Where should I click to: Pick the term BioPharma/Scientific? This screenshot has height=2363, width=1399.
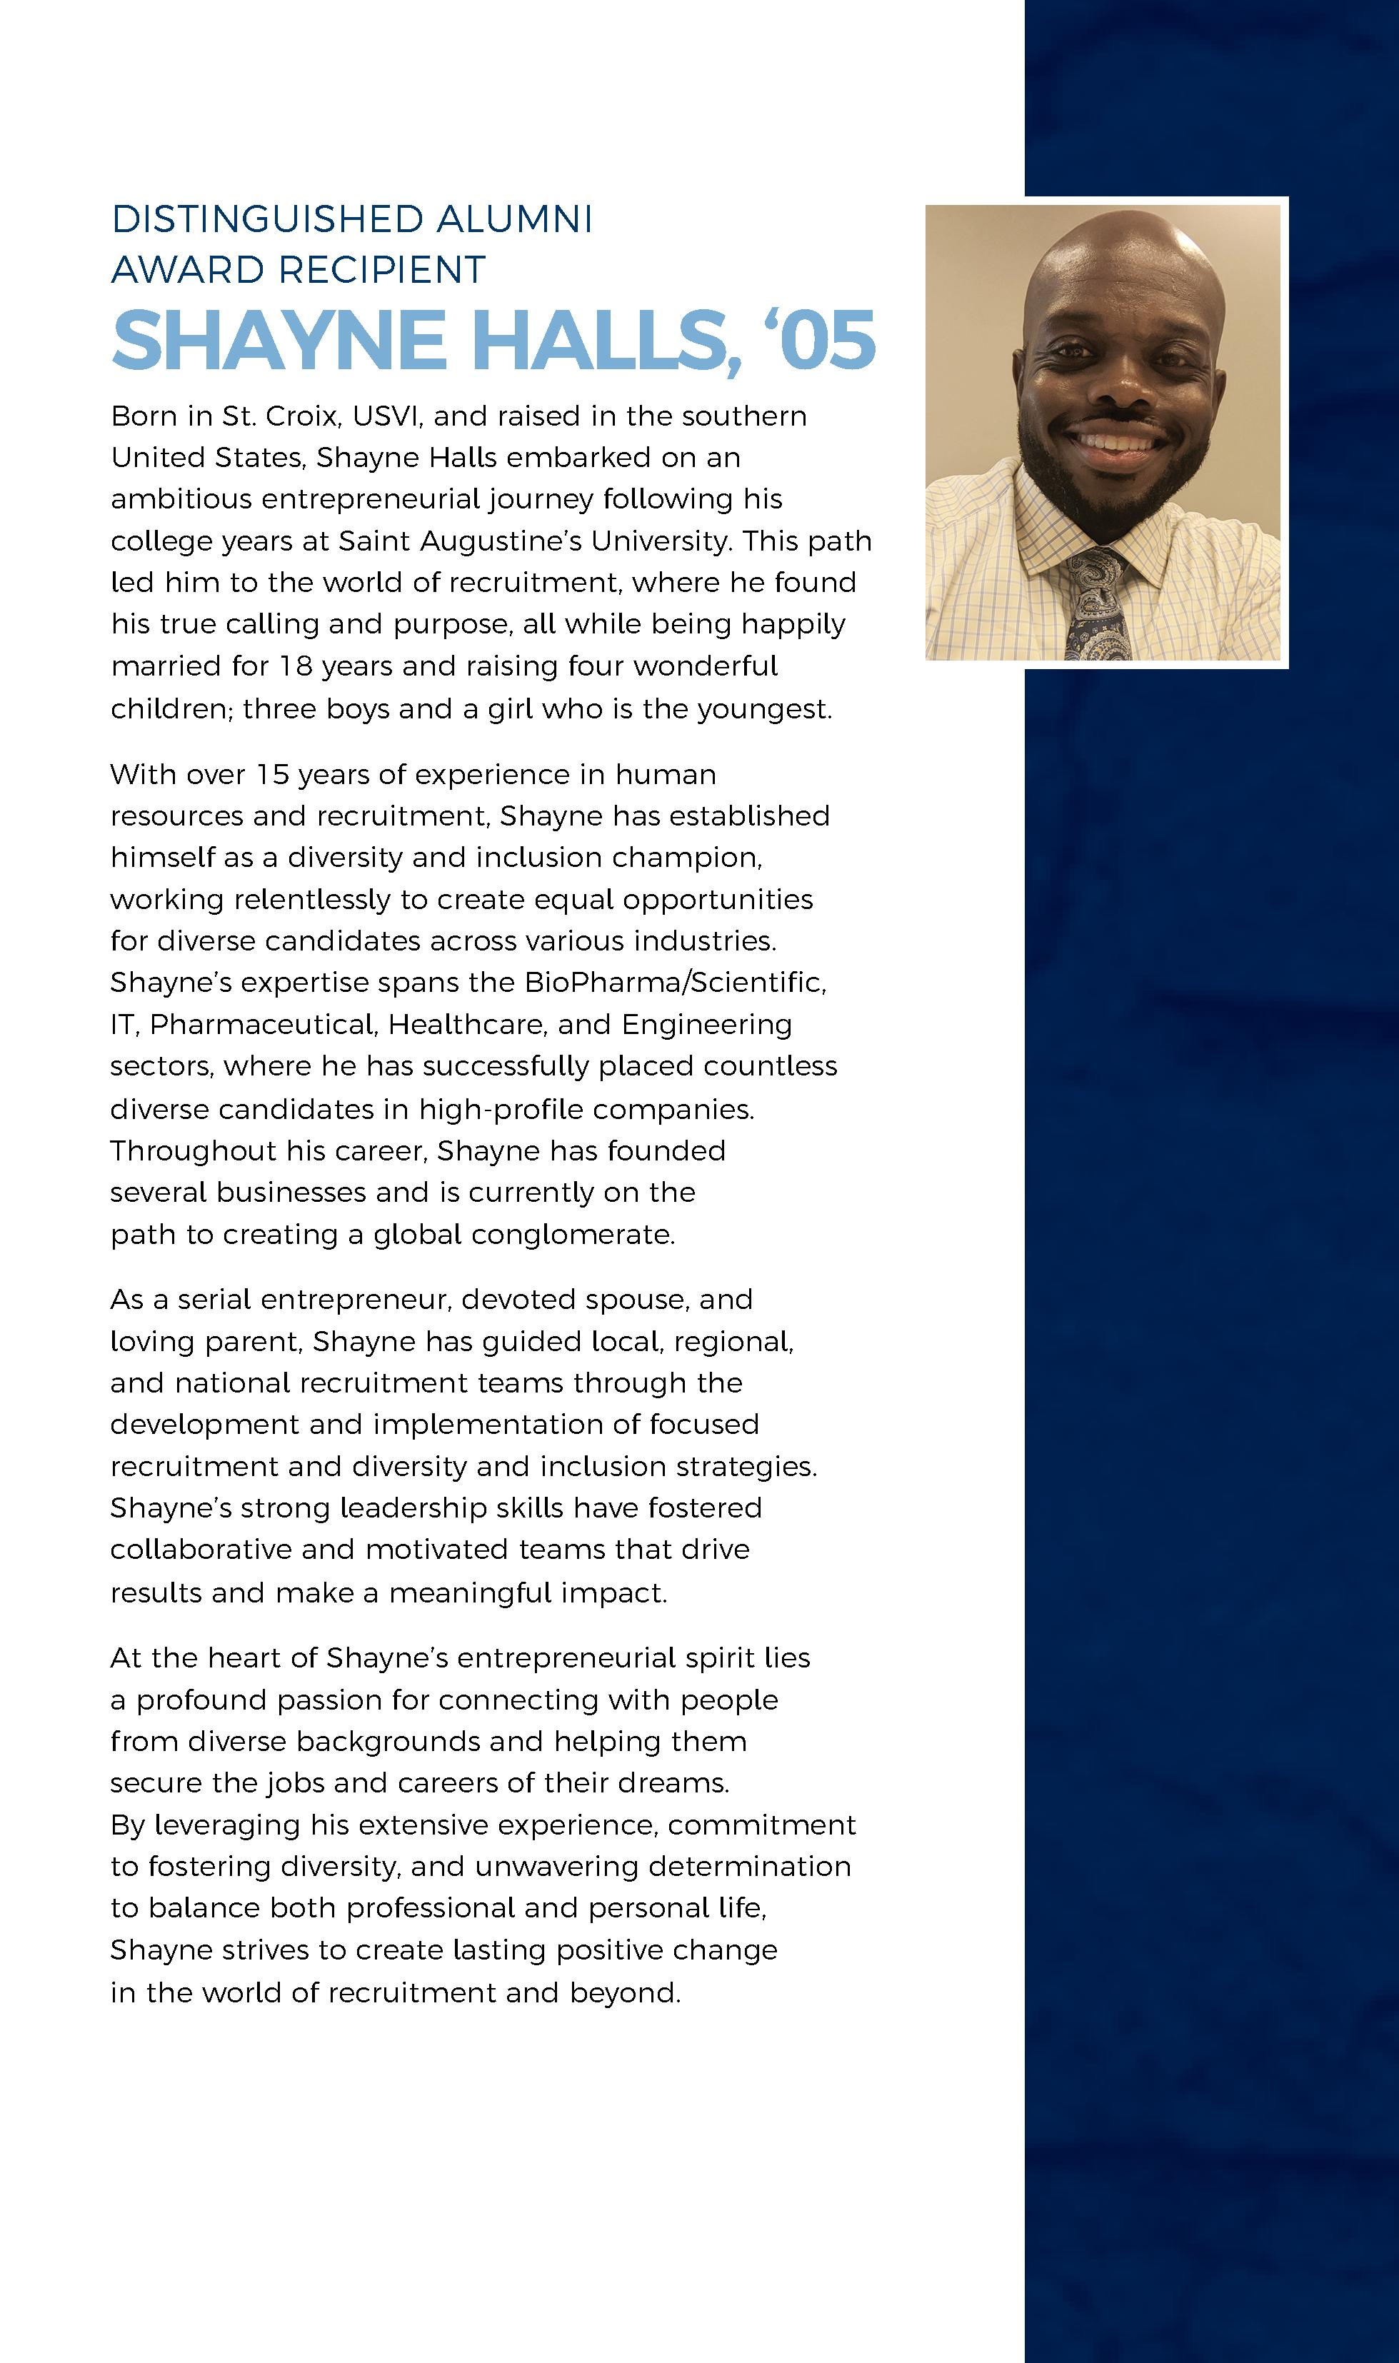tap(675, 983)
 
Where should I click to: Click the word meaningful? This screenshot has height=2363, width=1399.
tap(469, 1593)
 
